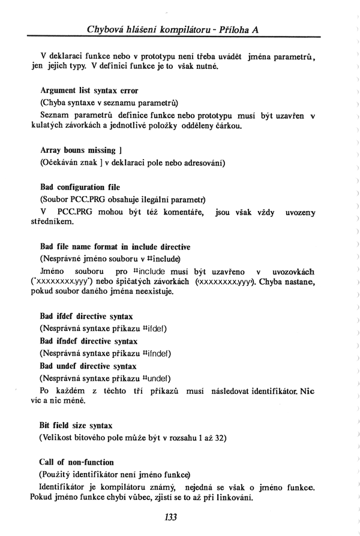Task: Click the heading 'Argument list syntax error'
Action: click(x=89, y=91)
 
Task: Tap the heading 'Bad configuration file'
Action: click(x=80, y=187)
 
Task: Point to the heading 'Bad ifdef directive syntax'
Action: click(x=86, y=316)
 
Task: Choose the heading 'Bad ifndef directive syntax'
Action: click(x=89, y=341)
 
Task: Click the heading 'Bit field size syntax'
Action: click(x=76, y=425)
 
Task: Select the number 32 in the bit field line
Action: click(x=220, y=438)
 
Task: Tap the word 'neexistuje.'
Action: click(x=152, y=292)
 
